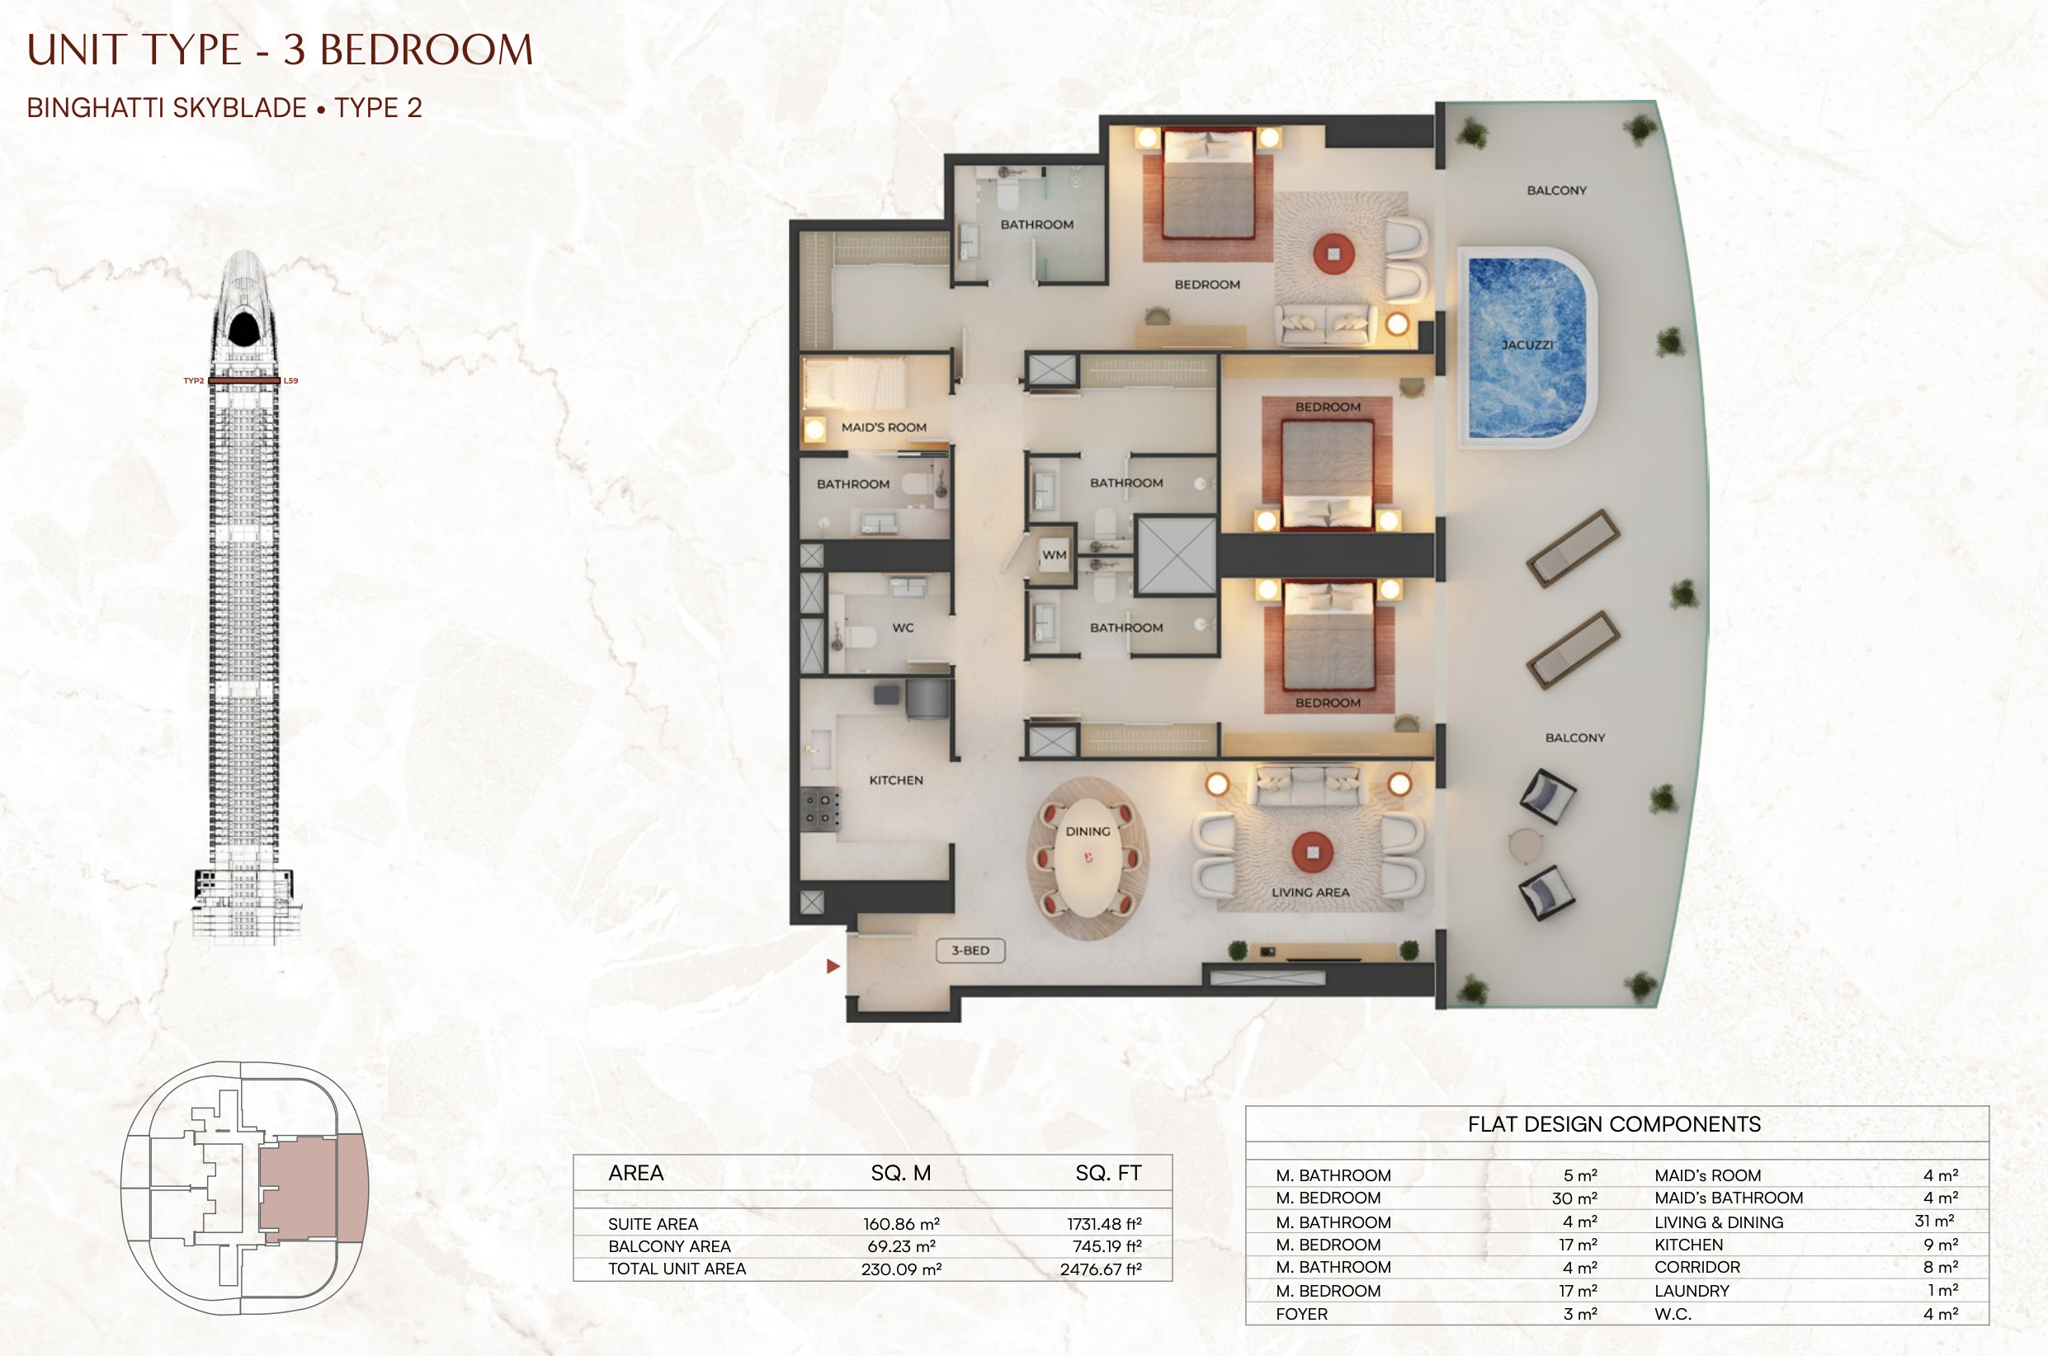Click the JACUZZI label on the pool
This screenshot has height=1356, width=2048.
1527,345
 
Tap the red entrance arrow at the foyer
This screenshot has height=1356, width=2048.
833,966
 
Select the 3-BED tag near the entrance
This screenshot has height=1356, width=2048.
970,950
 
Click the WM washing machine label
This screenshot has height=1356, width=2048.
1055,555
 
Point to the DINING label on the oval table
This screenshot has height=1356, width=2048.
1088,831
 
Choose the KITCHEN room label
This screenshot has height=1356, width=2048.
896,780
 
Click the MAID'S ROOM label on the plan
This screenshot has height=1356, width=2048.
884,427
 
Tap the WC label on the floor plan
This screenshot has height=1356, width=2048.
903,628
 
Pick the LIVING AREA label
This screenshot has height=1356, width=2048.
1310,892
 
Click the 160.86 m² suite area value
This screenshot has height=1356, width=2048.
901,1224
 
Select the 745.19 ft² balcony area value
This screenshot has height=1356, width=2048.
1107,1246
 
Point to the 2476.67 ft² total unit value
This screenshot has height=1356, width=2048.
1101,1269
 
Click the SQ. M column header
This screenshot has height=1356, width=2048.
900,1173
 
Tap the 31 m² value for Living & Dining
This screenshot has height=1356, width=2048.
1935,1221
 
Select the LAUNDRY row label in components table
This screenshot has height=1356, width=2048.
1692,1291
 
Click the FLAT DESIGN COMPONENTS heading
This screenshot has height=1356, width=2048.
1614,1124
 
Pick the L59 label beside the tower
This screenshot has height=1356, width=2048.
290,380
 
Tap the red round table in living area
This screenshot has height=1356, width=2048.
1313,853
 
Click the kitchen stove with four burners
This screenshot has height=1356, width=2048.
819,809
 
